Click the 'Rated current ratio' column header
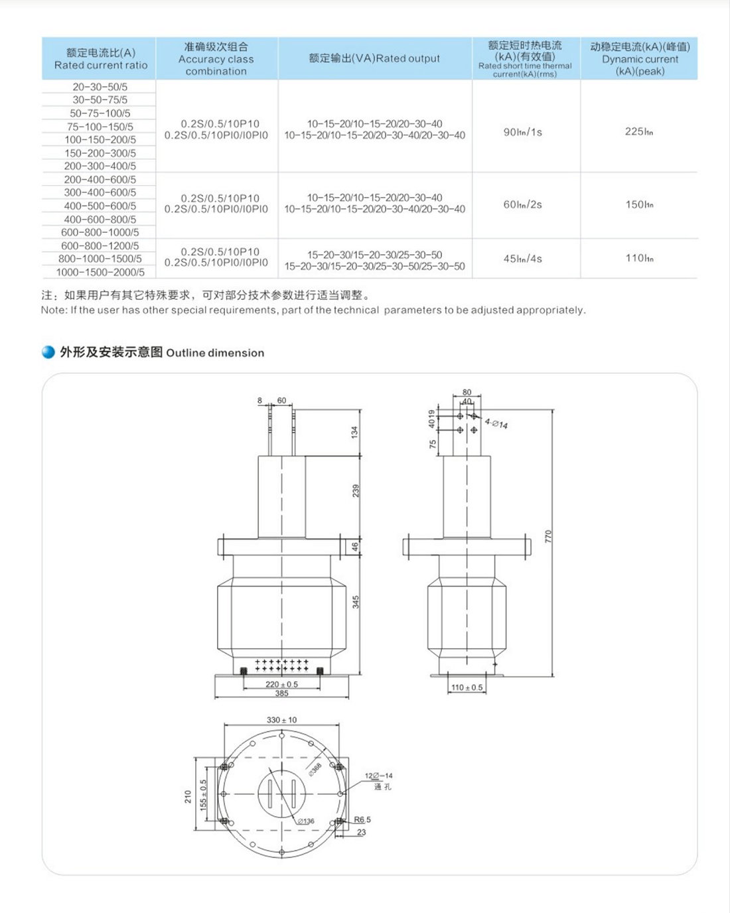pos(101,59)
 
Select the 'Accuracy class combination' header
pos(216,59)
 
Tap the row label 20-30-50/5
pos(100,87)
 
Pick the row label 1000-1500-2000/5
pos(100,272)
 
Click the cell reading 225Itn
pos(638,131)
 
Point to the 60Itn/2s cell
pos(523,204)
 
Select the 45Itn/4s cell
pos(523,259)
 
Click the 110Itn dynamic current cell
pos(638,258)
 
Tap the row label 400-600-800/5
pos(100,219)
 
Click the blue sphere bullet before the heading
pos(48,352)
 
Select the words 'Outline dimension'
pos(215,353)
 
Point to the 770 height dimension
pos(548,536)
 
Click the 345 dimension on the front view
pos(356,602)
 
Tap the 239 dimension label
pos(356,491)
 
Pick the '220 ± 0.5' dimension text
pos(281,684)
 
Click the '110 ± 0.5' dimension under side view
pos(467,687)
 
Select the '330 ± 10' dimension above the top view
pos(281,720)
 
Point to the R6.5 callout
pos(362,819)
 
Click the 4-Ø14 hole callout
pos(496,423)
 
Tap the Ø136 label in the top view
pos(306,821)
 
